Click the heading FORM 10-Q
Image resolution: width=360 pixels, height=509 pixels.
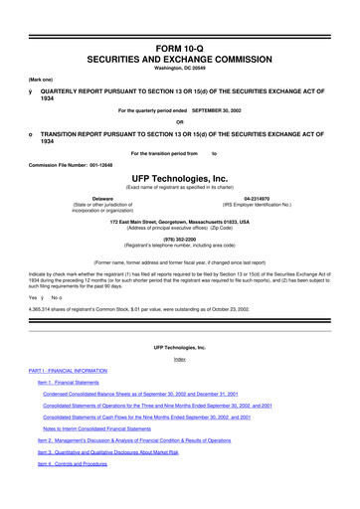click(179, 19)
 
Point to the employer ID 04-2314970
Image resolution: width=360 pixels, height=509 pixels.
click(257, 200)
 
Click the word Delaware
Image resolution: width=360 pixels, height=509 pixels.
click(101, 200)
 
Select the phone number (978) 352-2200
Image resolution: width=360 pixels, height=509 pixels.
click(179, 238)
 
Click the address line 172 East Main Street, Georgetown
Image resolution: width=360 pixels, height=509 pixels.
click(179, 220)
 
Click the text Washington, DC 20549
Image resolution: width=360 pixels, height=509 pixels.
click(179, 42)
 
